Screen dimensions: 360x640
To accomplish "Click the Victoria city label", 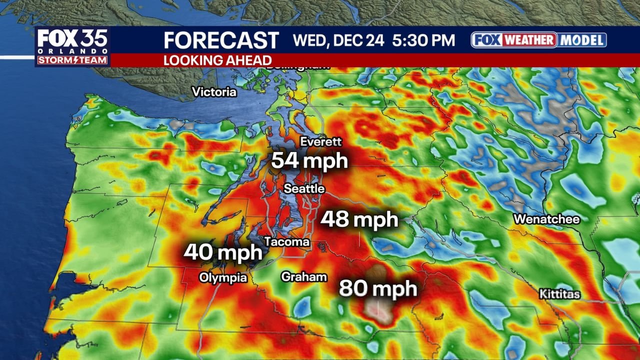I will pos(214,92).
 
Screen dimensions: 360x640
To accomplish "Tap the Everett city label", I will pos(320,142).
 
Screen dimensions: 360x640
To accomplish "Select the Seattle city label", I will pos(304,189).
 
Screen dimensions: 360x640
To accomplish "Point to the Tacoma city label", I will pos(286,242).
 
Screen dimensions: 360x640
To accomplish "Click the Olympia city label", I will pos(223,277).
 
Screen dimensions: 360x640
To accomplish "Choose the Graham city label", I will pos(304,276).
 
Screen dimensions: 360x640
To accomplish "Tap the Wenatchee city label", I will pos(546,219).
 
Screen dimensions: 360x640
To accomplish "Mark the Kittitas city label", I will pos(559,294).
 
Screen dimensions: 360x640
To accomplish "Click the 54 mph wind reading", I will pos(309,161).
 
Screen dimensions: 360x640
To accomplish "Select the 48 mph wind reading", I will pos(359,219).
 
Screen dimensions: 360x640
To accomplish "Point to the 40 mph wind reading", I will pos(222,252).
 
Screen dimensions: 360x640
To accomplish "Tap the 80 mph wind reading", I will pos(378,288).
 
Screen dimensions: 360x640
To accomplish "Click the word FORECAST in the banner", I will pos(221,40).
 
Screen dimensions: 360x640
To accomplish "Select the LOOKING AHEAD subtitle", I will pos(217,60).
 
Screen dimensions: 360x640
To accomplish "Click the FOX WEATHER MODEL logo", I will pos(538,40).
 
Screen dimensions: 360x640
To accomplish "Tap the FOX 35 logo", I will pos(72,39).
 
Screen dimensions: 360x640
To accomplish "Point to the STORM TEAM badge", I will pos(72,60).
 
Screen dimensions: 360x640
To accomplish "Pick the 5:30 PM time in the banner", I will pos(423,40).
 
